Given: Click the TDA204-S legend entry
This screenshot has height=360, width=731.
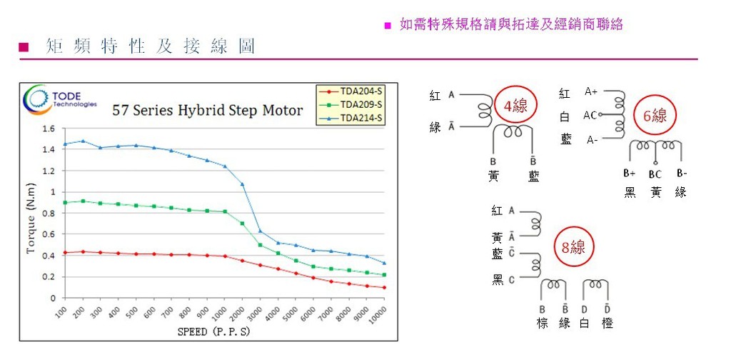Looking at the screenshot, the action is click(x=351, y=92).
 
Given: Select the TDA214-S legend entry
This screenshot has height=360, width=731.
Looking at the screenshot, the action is click(x=351, y=118).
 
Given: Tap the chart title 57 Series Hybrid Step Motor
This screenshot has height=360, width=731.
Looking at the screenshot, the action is click(x=208, y=111).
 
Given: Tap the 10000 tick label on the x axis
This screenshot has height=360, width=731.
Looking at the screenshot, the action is click(x=378, y=315).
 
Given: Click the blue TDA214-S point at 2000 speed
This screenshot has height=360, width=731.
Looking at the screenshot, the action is click(x=242, y=184).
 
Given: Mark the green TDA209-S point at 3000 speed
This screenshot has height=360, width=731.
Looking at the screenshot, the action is click(x=260, y=245).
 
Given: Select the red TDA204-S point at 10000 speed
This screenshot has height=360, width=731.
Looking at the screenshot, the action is click(x=384, y=287).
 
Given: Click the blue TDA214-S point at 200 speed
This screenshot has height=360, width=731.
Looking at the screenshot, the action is click(x=83, y=141).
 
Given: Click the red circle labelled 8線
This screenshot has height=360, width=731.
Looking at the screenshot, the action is click(x=573, y=247).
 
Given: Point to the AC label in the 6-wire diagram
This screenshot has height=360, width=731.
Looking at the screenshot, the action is click(x=590, y=115).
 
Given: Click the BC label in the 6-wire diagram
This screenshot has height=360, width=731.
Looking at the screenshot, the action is click(x=655, y=174).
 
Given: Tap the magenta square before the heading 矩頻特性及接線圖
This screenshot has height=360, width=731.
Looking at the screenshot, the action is click(x=24, y=47).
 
